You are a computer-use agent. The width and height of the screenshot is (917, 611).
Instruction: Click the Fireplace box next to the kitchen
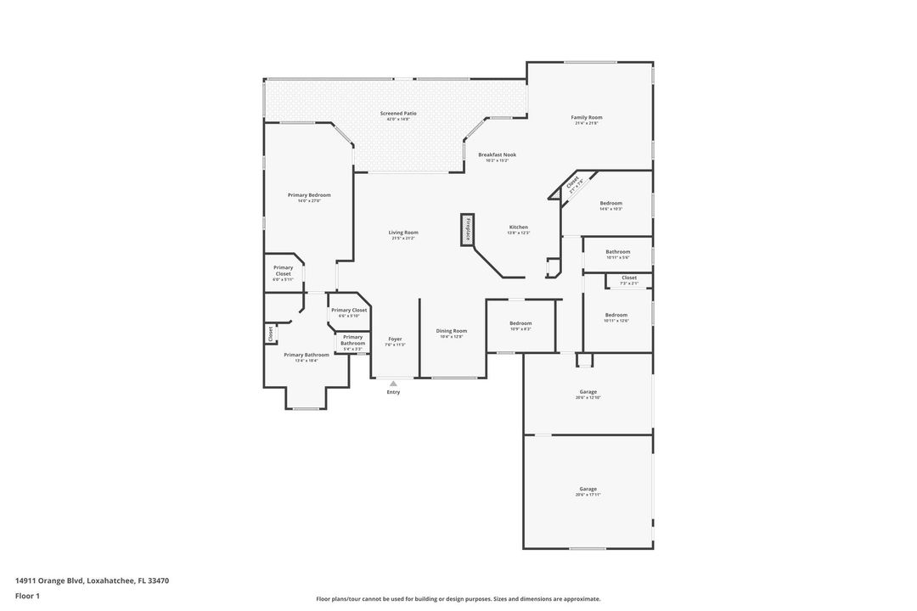click(466, 230)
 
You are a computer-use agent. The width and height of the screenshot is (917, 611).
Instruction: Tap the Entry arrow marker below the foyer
click(393, 384)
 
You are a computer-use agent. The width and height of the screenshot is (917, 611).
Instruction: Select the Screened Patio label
click(398, 113)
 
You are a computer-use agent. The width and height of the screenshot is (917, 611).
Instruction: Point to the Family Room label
click(586, 117)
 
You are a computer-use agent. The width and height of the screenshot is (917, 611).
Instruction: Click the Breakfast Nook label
click(497, 154)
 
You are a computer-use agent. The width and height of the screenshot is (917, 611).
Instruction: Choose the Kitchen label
click(519, 227)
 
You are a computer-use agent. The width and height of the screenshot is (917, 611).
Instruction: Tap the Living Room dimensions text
click(403, 238)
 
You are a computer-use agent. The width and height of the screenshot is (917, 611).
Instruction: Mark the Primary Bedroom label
click(308, 195)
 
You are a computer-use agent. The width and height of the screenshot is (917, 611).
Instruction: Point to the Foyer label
click(395, 339)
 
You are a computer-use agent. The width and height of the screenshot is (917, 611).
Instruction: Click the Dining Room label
click(452, 331)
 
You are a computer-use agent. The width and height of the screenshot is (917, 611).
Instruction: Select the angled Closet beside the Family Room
click(572, 184)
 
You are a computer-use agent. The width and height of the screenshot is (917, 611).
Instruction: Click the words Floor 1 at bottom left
click(27, 596)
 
